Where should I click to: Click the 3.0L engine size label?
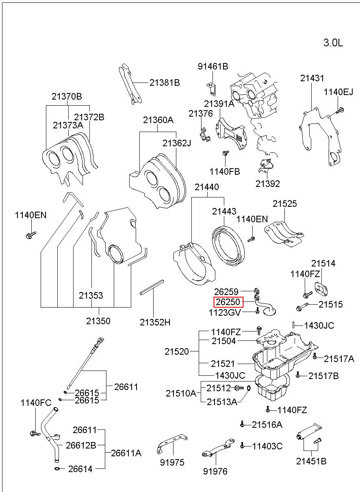(333, 43)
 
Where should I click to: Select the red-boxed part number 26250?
(228, 302)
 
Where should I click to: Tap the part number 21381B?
(165, 82)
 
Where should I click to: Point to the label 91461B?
(213, 66)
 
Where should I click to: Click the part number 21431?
(312, 78)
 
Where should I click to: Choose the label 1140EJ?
(338, 92)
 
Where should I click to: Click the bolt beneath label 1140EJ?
(339, 110)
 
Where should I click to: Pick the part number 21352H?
(155, 322)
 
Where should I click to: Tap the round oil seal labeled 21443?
(228, 245)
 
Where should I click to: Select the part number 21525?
(285, 204)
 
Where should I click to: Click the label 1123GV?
(225, 312)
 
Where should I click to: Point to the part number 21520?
(177, 351)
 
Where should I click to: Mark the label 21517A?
(339, 359)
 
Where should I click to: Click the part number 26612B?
(81, 445)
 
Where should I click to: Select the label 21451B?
(311, 461)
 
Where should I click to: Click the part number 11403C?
(267, 446)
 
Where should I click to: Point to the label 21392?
(267, 184)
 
